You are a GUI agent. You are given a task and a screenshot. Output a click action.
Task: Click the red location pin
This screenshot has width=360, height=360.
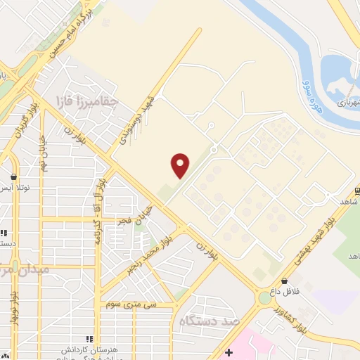point(181,165)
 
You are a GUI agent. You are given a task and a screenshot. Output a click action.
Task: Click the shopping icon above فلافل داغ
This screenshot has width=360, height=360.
point(284,281)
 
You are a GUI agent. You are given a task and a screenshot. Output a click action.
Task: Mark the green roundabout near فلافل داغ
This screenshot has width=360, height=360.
point(264,298)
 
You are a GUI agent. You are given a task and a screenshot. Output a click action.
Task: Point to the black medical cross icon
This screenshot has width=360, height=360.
point(228,352)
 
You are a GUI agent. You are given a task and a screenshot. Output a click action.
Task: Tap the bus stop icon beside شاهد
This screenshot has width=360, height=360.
point(357,190)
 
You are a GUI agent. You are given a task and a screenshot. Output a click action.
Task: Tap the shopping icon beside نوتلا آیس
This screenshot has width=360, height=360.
point(14,177)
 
